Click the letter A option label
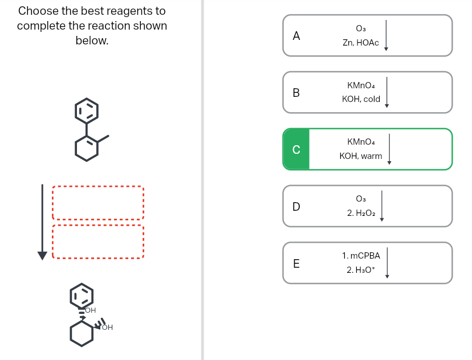296,35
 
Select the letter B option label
296,92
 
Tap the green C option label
296,149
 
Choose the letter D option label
296,206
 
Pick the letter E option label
296,263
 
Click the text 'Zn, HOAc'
360,43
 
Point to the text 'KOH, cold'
361,99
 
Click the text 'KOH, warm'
361,156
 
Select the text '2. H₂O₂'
360,213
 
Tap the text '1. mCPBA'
361,256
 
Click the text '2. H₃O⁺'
360,270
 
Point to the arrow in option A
386,35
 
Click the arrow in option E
386,263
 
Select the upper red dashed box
97,203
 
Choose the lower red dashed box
97,242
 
